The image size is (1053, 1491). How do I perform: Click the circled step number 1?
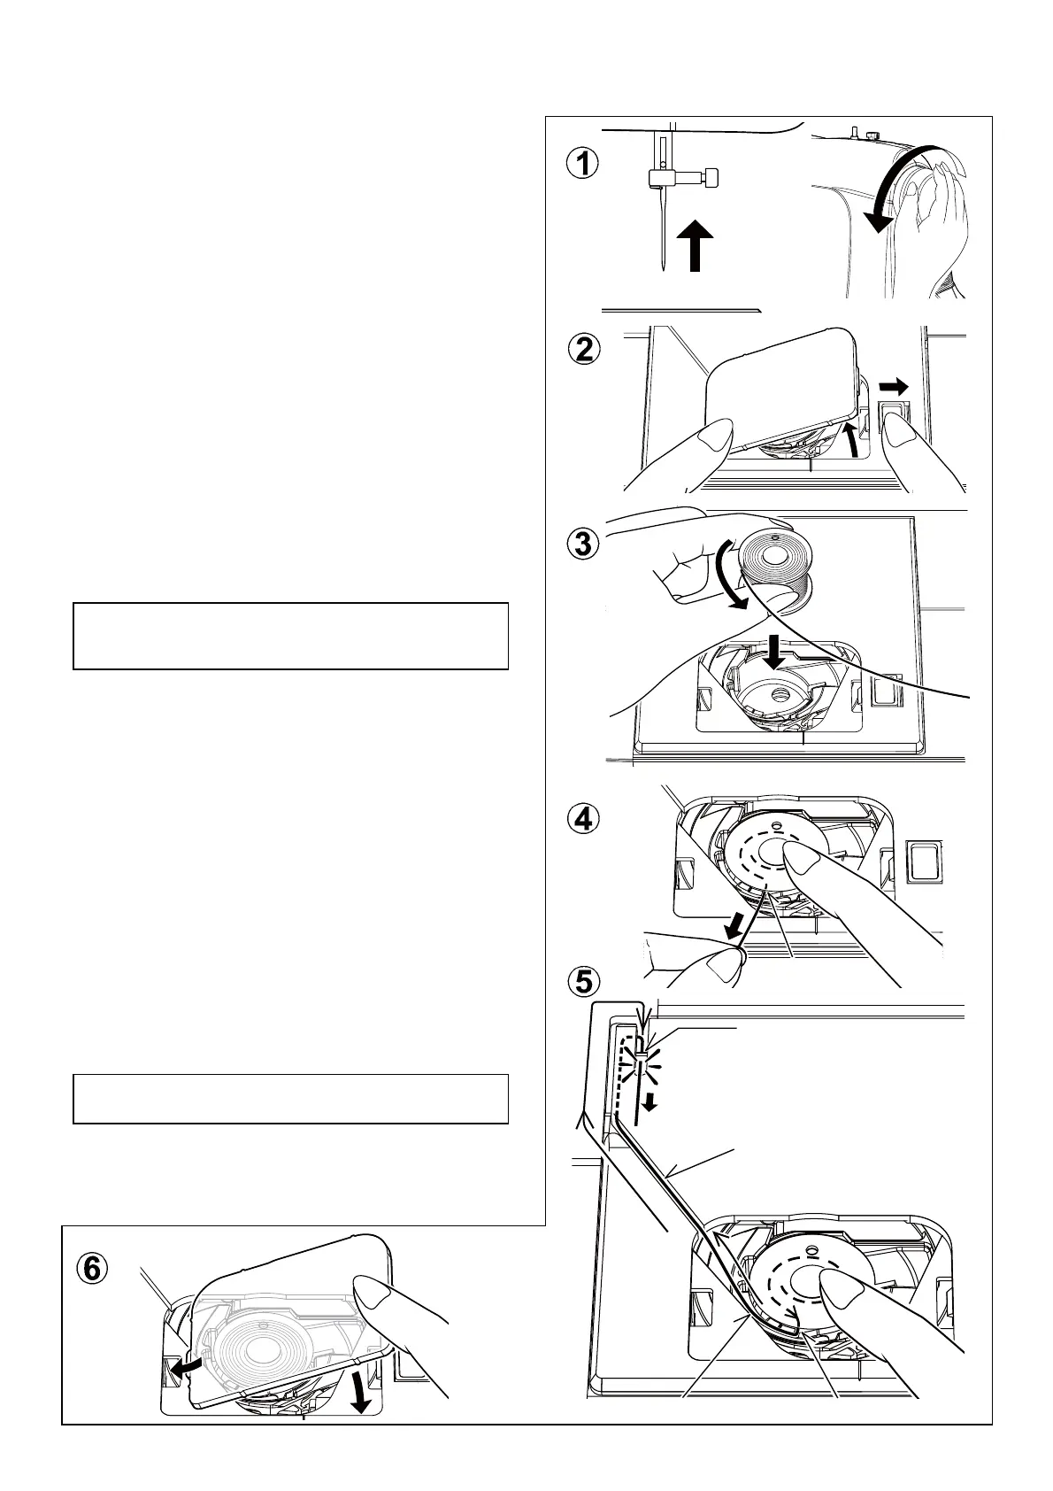[x=582, y=164]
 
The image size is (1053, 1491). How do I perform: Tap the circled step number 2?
[x=582, y=350]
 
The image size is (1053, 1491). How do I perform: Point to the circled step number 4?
[x=582, y=820]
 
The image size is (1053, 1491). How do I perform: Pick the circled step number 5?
[x=582, y=981]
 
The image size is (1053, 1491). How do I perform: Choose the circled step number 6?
[x=91, y=1269]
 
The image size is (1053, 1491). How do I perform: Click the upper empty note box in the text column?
[x=290, y=636]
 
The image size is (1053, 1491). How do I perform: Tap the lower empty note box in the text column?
[x=290, y=1099]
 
